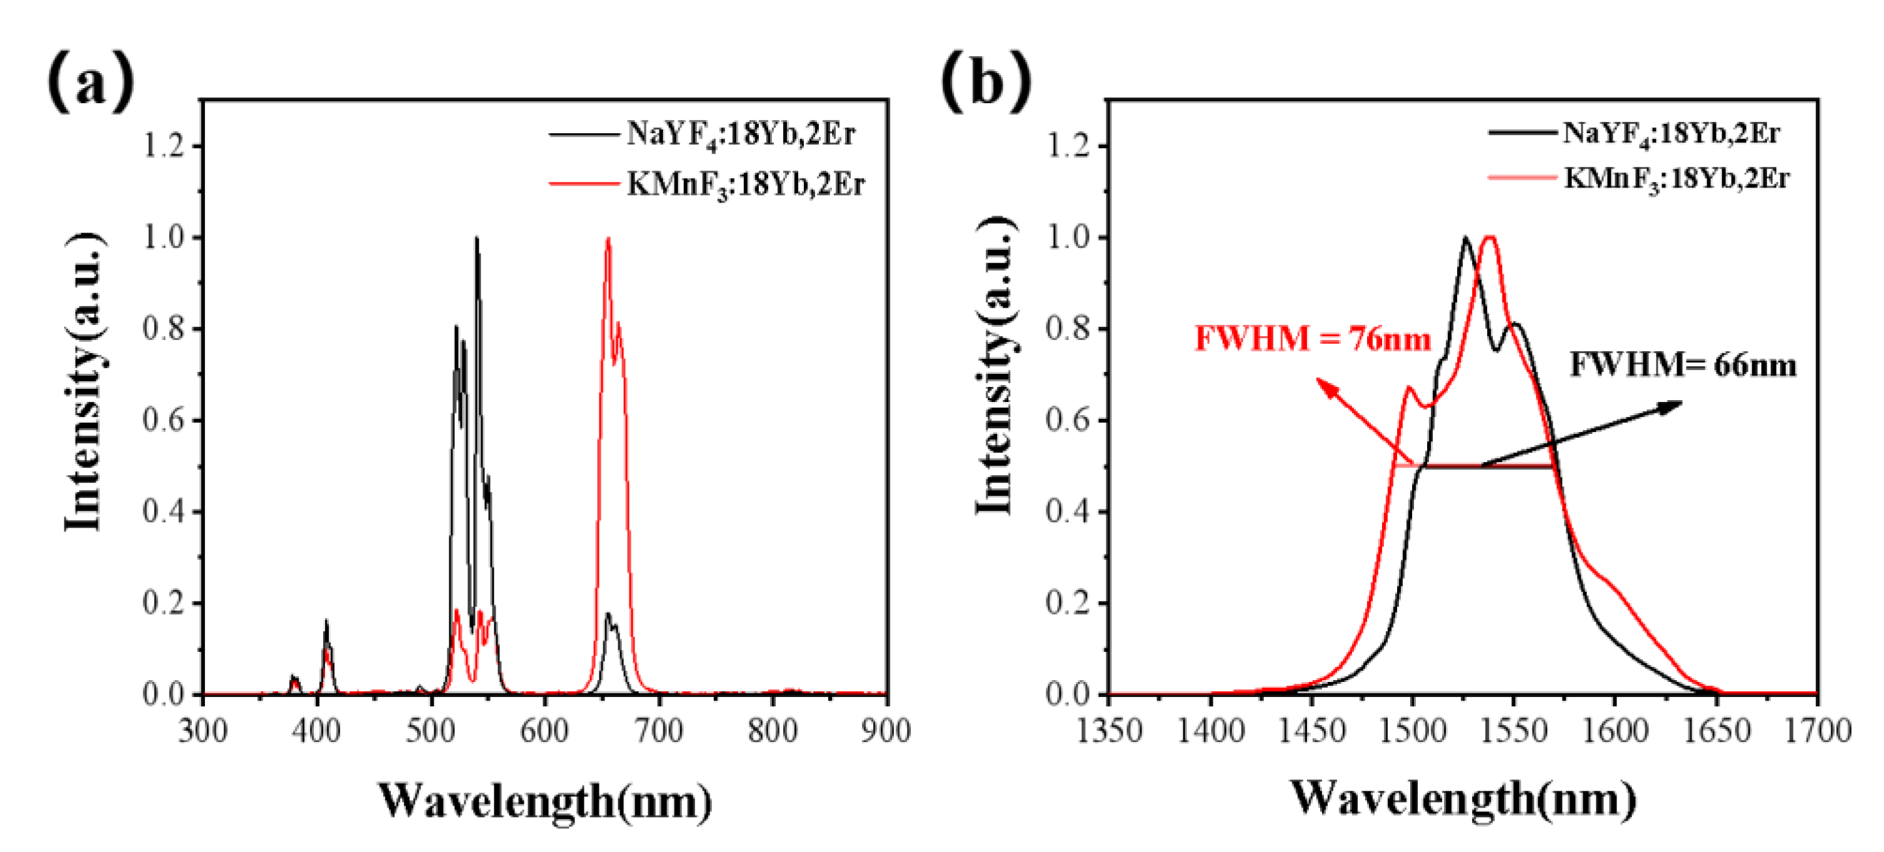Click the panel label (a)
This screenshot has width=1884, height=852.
pos(91,82)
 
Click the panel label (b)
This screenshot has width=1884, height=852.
pos(986,82)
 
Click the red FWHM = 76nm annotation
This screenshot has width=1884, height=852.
pos(1312,339)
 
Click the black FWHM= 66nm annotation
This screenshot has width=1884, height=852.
pos(1682,364)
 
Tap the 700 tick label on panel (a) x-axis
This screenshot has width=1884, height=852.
pos(658,731)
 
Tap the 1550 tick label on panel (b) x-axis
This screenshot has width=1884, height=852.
pos(1514,731)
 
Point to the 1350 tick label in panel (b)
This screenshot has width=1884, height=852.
pos(1109,731)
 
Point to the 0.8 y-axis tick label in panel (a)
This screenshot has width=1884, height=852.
pos(163,329)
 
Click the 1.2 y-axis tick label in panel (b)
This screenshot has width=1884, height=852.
pos(1068,146)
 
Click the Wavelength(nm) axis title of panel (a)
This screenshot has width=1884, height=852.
pos(545,801)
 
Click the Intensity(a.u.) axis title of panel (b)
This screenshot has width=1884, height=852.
pos(996,366)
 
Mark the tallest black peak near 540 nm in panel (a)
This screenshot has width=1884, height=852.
pos(477,238)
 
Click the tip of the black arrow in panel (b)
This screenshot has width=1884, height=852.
pos(1681,401)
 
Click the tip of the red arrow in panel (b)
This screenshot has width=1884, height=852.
pos(1316,378)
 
